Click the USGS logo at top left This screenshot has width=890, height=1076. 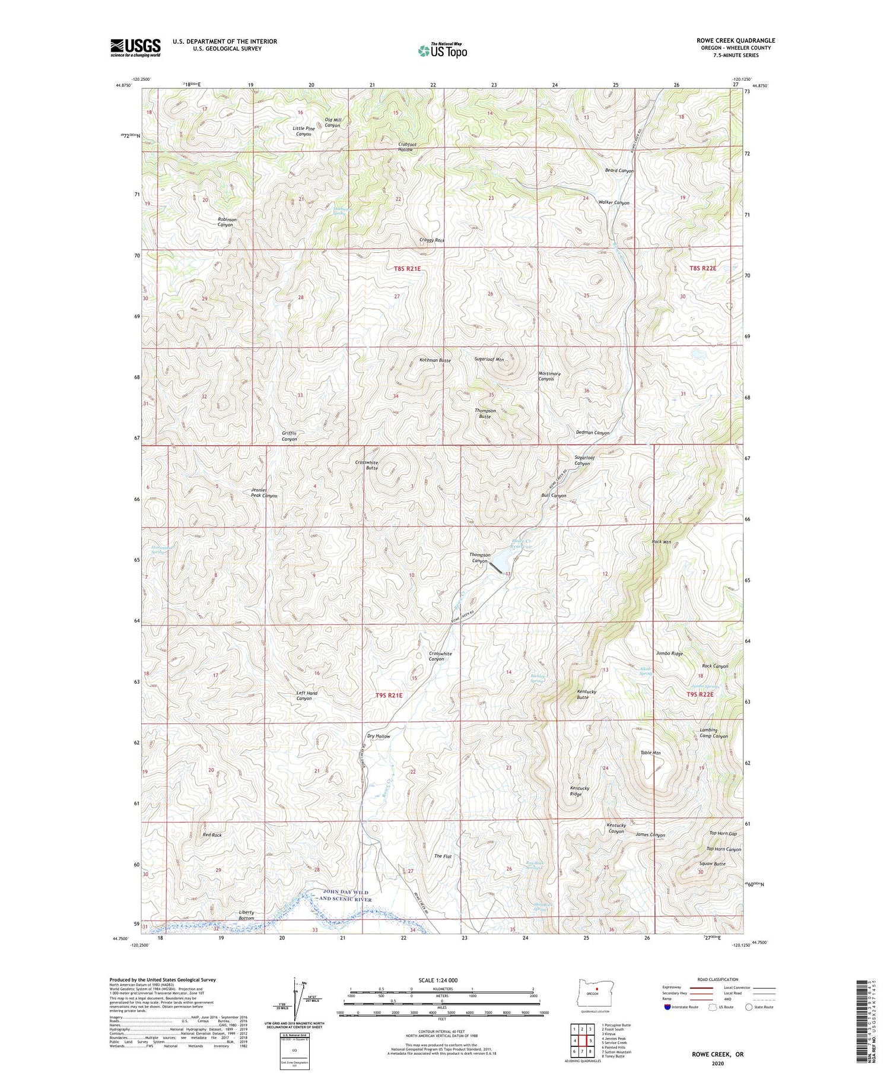coord(135,47)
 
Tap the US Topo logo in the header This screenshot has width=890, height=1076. coord(442,50)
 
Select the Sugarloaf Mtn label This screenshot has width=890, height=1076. coord(489,359)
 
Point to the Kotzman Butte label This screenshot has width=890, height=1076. coord(435,360)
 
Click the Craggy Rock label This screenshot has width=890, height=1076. coord(431,240)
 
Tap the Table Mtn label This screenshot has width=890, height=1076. coord(650,753)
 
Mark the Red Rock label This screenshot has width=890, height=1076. coord(212,835)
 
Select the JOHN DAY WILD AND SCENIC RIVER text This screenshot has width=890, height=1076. coord(345,896)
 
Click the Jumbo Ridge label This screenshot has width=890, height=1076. coord(669,653)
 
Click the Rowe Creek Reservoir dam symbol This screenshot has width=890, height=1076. coord(497,567)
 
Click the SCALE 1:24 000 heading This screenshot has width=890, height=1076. coord(441,980)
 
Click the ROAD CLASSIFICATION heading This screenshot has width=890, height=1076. coord(718,979)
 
